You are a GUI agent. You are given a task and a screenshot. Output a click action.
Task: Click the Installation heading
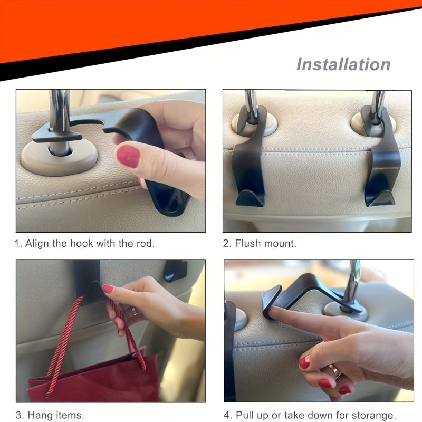tap(343, 64)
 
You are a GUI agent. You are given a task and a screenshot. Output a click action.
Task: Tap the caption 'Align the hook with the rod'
tap(84, 244)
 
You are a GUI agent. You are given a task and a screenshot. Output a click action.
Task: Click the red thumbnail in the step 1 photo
tap(128, 156)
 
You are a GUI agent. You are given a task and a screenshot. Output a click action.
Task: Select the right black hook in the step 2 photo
tap(382, 158)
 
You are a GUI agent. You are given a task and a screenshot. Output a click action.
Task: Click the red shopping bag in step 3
tap(95, 380)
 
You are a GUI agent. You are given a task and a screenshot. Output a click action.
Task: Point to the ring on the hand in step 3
tap(133, 311)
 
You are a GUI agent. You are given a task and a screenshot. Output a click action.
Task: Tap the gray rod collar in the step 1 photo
tap(58, 158)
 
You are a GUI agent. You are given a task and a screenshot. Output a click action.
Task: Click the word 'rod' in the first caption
tap(146, 244)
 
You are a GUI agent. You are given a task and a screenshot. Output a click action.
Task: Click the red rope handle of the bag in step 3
tap(63, 338)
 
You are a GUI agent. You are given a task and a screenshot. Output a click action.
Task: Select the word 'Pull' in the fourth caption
tap(246, 415)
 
